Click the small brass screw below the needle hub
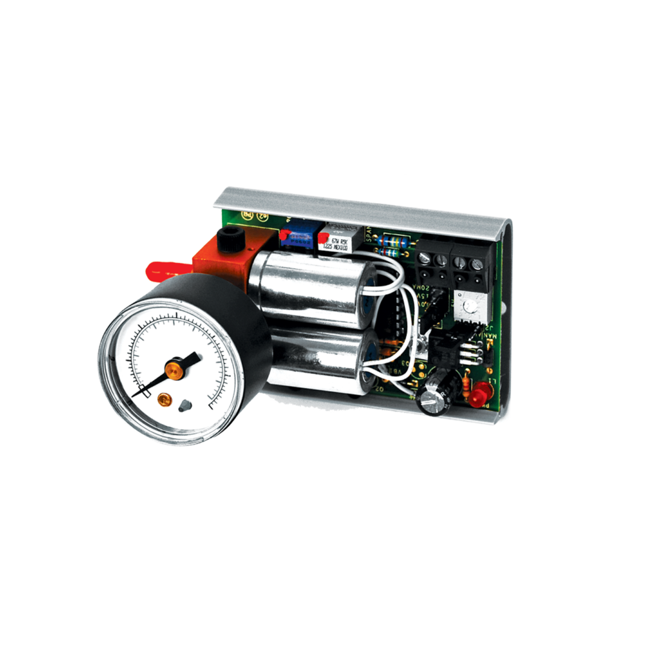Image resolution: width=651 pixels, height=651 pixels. (x=163, y=399)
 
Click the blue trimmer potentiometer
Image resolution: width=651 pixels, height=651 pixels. (x=298, y=239)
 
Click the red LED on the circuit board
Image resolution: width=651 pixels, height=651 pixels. (x=480, y=395)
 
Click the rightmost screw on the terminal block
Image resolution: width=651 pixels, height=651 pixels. (x=478, y=264)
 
